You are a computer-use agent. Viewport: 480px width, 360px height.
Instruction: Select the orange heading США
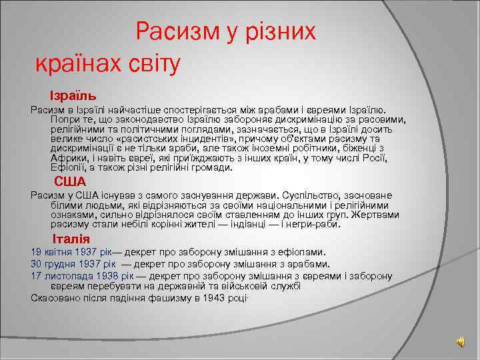(70, 182)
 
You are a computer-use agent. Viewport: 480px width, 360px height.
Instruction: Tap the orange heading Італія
(71, 239)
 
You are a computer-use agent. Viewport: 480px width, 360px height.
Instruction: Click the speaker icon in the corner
(461, 341)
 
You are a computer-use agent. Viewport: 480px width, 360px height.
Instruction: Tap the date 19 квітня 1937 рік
(71, 253)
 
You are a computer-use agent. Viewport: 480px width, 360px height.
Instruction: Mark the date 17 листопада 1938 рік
(83, 275)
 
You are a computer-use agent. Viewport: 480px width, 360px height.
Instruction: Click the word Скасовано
(56, 297)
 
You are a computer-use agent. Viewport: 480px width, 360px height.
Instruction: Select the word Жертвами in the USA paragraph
(379, 215)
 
